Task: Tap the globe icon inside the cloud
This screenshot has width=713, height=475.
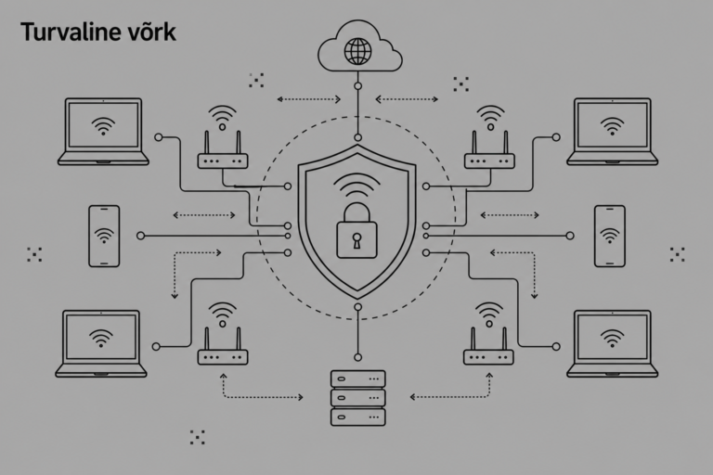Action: pos(357,51)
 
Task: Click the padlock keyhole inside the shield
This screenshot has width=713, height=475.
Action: pos(356,240)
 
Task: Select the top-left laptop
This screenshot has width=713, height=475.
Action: pos(103,132)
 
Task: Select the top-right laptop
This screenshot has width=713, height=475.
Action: pos(612,132)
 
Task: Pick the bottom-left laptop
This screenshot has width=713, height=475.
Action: pos(101,343)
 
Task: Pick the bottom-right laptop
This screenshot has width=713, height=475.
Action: pos(612,343)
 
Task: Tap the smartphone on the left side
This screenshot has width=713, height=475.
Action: pos(104,236)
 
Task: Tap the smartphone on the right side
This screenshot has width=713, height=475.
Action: pos(610,236)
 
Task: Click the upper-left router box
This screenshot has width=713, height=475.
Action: pos(223,160)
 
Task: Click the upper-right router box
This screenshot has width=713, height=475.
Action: pos(489,160)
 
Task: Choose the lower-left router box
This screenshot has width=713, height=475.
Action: pos(223,357)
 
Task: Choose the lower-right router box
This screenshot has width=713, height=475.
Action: pos(488,357)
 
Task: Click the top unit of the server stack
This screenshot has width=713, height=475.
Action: pos(357,379)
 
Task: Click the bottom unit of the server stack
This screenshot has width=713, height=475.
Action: pos(357,417)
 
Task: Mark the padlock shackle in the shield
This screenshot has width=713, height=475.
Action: pos(356,213)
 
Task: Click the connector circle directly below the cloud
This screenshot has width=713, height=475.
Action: pos(357,86)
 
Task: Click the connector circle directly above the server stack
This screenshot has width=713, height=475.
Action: pos(357,357)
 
